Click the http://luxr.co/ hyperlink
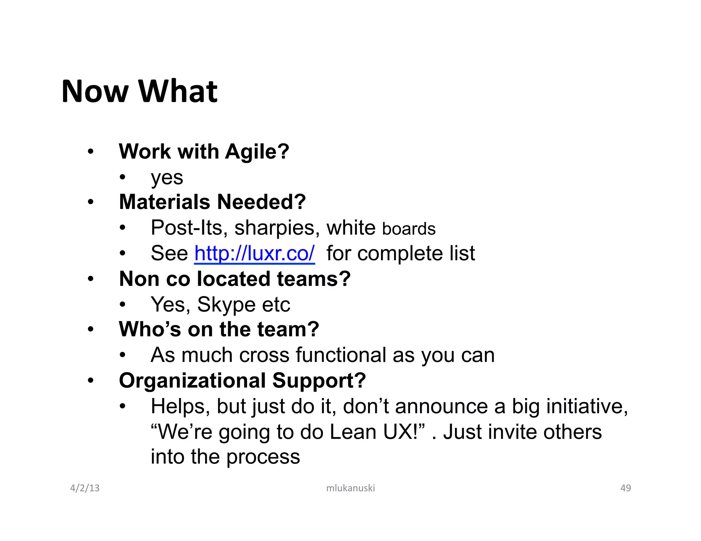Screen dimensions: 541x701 [254, 253]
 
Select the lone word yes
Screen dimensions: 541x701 [167, 177]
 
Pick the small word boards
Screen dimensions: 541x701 [409, 229]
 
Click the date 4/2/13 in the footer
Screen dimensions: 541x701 [85, 488]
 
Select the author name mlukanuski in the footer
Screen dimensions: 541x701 [350, 488]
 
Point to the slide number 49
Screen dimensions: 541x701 [626, 488]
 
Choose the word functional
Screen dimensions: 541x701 [341, 355]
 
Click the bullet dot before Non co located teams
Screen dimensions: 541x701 [90, 279]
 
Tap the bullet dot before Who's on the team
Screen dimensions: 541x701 [90, 330]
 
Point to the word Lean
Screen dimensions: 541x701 [353, 432]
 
